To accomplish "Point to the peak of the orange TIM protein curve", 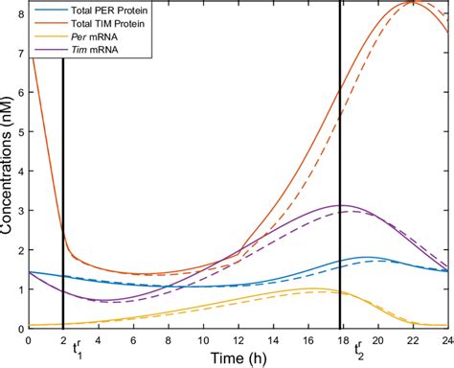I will (412, 3).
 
